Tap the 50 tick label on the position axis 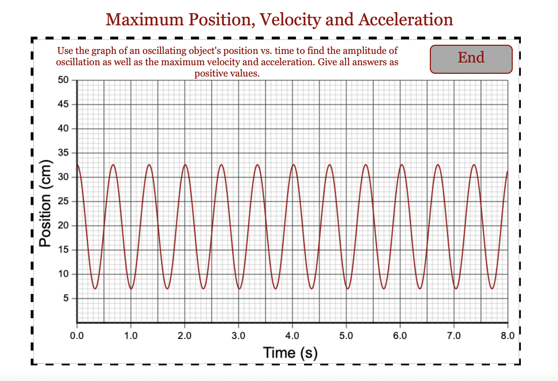(63, 80)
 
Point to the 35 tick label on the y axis (63, 153)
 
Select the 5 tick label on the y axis (66, 298)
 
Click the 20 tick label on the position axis (63, 226)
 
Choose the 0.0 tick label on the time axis (77, 336)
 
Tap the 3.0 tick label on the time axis (238, 336)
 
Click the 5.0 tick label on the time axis (346, 336)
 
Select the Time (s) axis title (290, 352)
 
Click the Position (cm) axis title (45, 203)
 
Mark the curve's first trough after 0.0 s (95, 289)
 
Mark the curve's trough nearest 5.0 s (348, 289)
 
